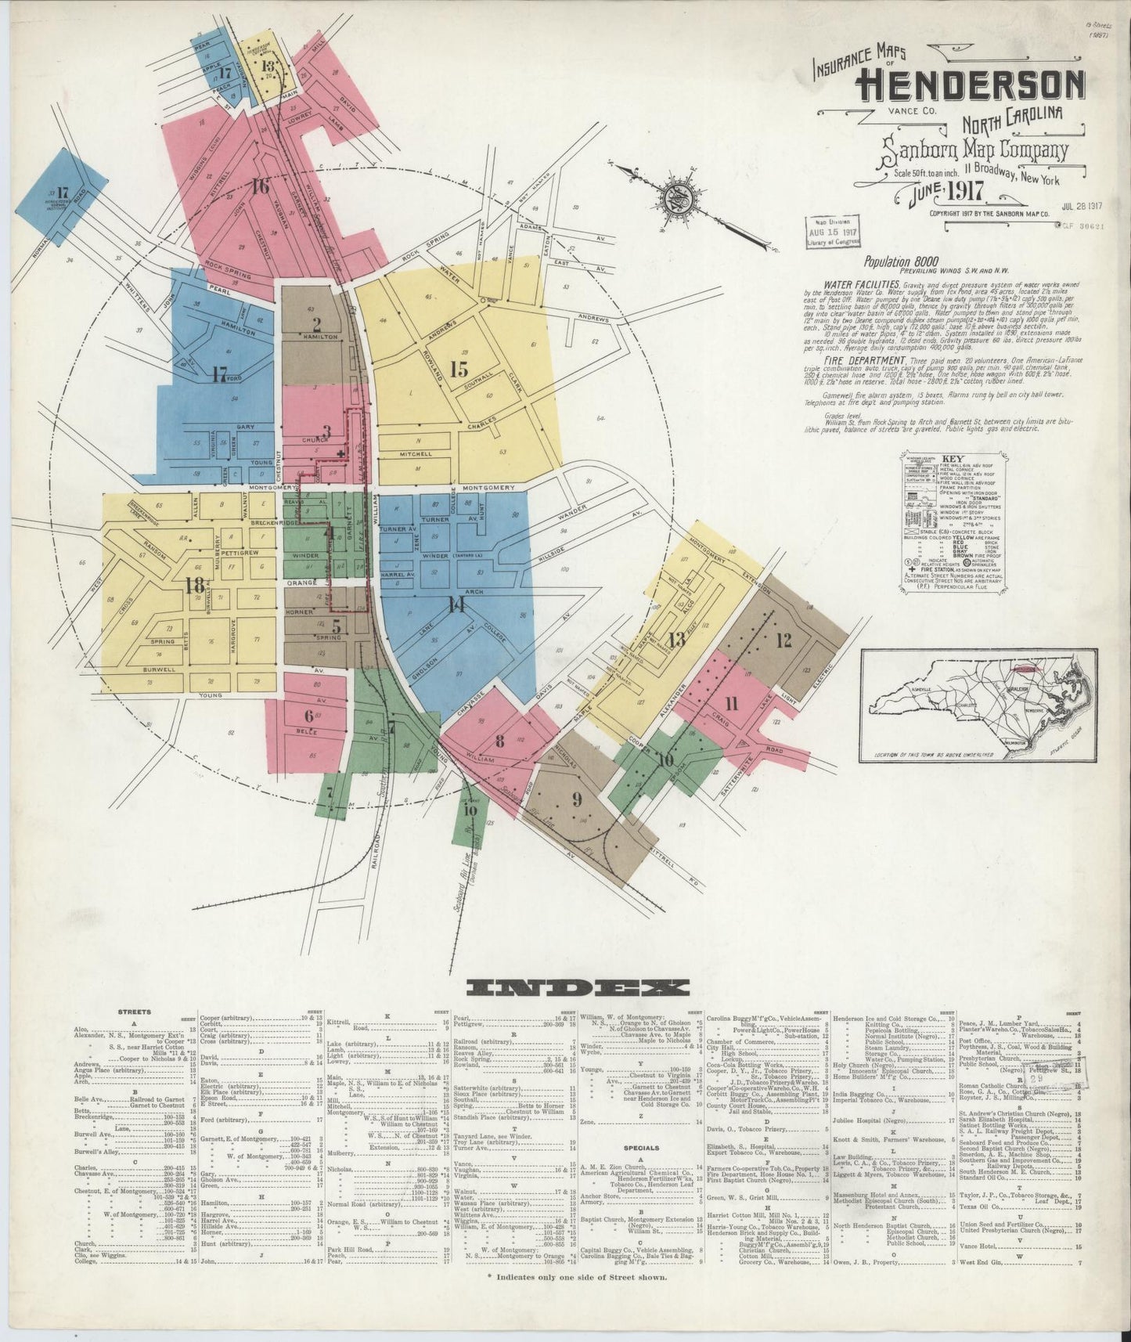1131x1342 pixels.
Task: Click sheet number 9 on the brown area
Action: tap(577, 799)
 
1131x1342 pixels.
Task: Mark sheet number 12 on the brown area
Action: tap(783, 640)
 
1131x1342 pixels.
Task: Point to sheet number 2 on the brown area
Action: tap(316, 323)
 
